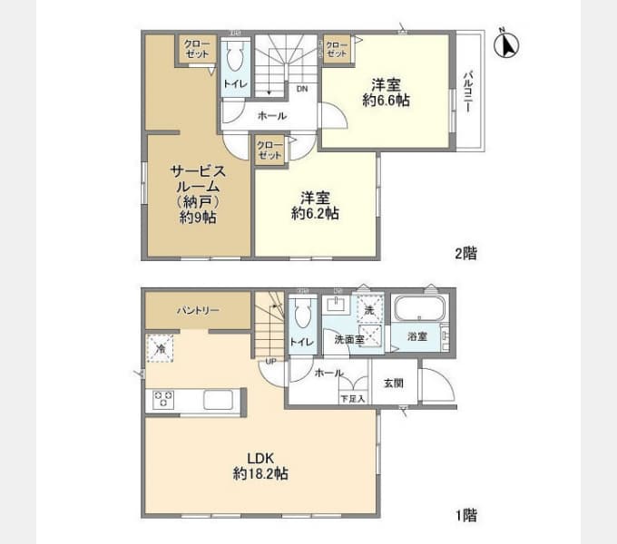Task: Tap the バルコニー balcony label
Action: [x=467, y=91]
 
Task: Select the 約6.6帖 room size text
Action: [x=386, y=102]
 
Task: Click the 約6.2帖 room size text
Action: [x=315, y=214]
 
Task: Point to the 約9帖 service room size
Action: [x=197, y=218]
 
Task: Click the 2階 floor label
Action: [x=465, y=254]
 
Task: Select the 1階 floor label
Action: [x=465, y=516]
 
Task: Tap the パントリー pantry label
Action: [x=198, y=311]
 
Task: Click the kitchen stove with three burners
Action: [x=164, y=400]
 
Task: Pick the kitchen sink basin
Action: [x=221, y=400]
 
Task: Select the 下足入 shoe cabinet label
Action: [x=352, y=398]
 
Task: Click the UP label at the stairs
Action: [x=270, y=364]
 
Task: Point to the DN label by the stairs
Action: [x=301, y=89]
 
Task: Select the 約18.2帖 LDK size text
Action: [x=261, y=473]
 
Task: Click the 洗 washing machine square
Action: [x=368, y=309]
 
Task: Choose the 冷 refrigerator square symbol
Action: [x=160, y=347]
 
